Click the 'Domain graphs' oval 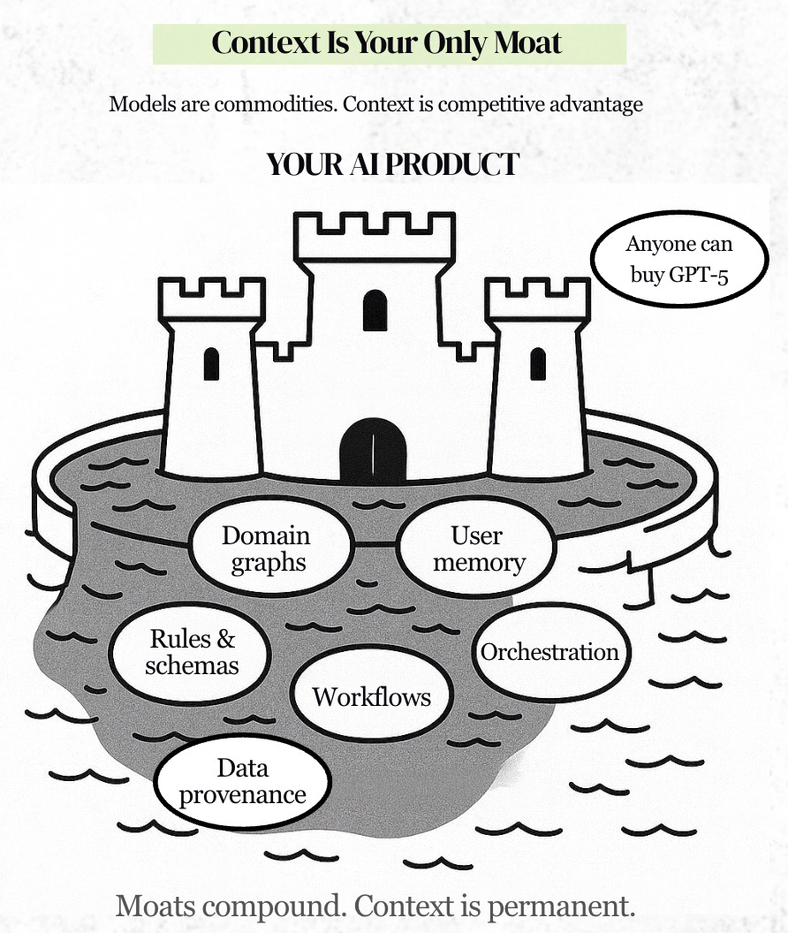(x=265, y=549)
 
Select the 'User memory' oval (x=476, y=548)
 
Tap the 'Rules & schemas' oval (x=192, y=652)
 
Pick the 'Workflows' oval (x=371, y=696)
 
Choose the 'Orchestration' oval (x=549, y=652)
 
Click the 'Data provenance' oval (x=242, y=780)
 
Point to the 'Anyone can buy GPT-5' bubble (x=679, y=259)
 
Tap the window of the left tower (x=211, y=363)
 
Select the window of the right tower (x=537, y=362)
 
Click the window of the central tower (x=375, y=310)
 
